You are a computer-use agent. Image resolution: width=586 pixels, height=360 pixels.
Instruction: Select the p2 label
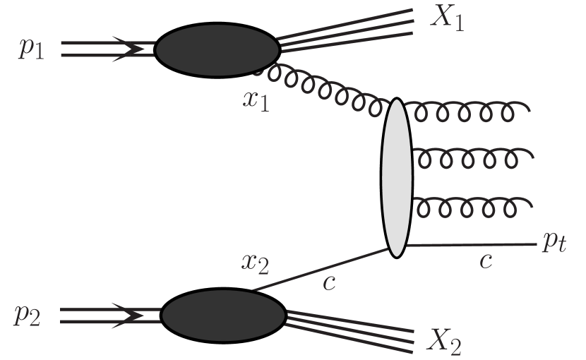click(x=27, y=316)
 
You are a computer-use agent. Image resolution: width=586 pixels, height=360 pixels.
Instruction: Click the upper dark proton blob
click(x=217, y=49)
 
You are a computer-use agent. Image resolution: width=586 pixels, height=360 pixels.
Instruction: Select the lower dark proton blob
click(x=222, y=315)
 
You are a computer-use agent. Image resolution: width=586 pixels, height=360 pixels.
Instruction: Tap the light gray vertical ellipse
click(x=396, y=176)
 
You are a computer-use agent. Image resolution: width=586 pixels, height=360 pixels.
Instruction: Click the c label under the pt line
click(x=484, y=260)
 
